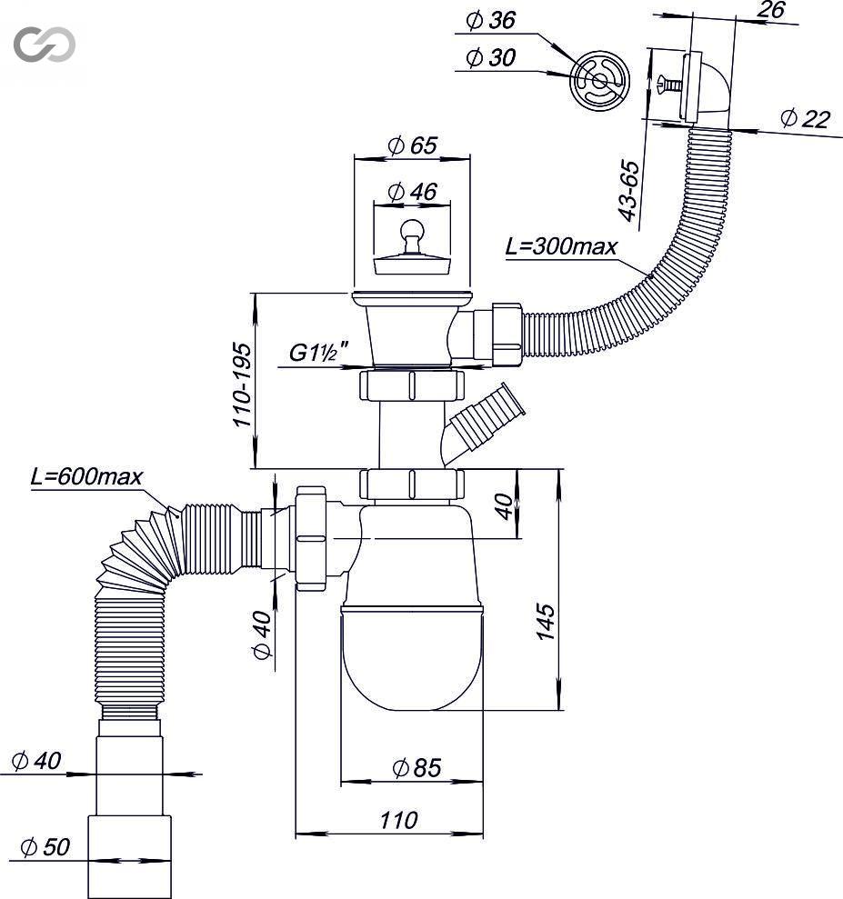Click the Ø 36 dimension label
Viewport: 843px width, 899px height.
[490, 21]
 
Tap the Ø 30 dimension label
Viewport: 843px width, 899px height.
[490, 57]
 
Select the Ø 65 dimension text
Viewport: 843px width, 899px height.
[412, 145]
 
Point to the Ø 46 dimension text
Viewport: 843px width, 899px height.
[412, 192]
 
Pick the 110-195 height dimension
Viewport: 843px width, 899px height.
[242, 385]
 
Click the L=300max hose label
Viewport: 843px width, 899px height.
[561, 246]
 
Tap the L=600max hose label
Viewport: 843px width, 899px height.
[86, 476]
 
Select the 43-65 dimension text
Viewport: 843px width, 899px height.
[628, 190]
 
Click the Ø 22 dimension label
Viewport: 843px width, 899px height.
[805, 119]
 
